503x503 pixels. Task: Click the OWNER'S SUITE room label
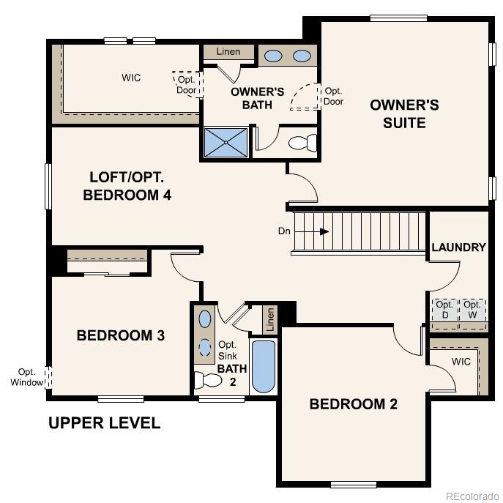(x=404, y=113)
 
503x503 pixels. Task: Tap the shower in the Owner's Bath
(x=227, y=143)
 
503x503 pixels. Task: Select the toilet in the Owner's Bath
(x=302, y=142)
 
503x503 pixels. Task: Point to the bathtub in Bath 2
(x=263, y=366)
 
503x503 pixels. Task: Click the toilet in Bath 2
(x=208, y=381)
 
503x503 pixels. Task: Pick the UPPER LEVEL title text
(x=104, y=423)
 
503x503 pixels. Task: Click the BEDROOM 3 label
(x=120, y=335)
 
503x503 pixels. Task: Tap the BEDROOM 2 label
(x=353, y=403)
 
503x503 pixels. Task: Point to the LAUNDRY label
(x=458, y=247)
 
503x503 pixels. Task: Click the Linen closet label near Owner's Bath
(x=228, y=52)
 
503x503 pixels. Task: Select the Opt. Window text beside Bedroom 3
(x=26, y=377)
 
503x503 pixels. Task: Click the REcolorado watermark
(x=472, y=494)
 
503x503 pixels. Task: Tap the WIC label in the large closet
(x=131, y=77)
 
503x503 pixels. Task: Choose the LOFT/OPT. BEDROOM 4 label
(x=131, y=186)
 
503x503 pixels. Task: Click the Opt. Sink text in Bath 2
(x=227, y=350)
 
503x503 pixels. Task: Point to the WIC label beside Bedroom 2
(x=461, y=362)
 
